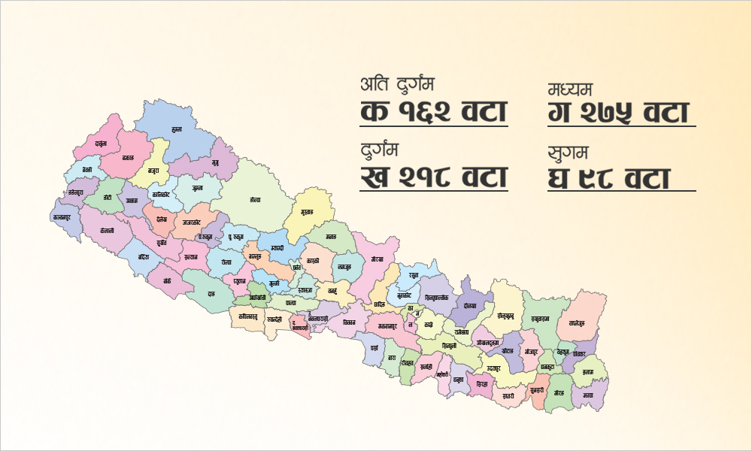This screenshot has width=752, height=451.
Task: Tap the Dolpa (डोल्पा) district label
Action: [254, 201]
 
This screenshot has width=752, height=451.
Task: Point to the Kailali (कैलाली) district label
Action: [105, 230]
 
